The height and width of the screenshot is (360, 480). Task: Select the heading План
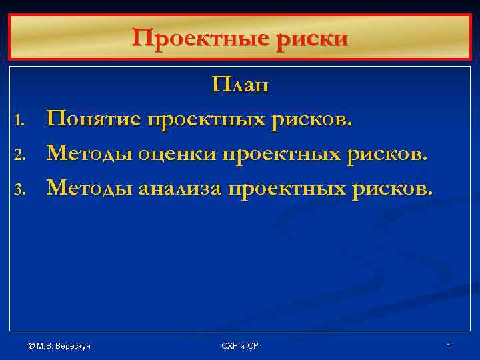click(x=240, y=86)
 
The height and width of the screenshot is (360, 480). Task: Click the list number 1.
click(x=20, y=121)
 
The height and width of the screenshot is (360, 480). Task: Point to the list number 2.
click(x=20, y=156)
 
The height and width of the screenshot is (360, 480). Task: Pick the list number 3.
click(x=20, y=191)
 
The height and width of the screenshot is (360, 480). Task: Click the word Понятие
click(x=94, y=120)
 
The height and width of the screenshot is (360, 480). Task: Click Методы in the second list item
click(x=89, y=155)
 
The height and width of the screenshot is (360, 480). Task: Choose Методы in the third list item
click(x=89, y=189)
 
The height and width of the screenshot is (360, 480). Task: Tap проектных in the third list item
click(x=288, y=189)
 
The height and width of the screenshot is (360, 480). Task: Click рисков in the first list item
click(x=315, y=120)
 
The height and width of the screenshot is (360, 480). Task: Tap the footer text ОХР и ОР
click(x=240, y=345)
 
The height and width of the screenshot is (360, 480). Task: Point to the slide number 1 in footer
click(x=449, y=345)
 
